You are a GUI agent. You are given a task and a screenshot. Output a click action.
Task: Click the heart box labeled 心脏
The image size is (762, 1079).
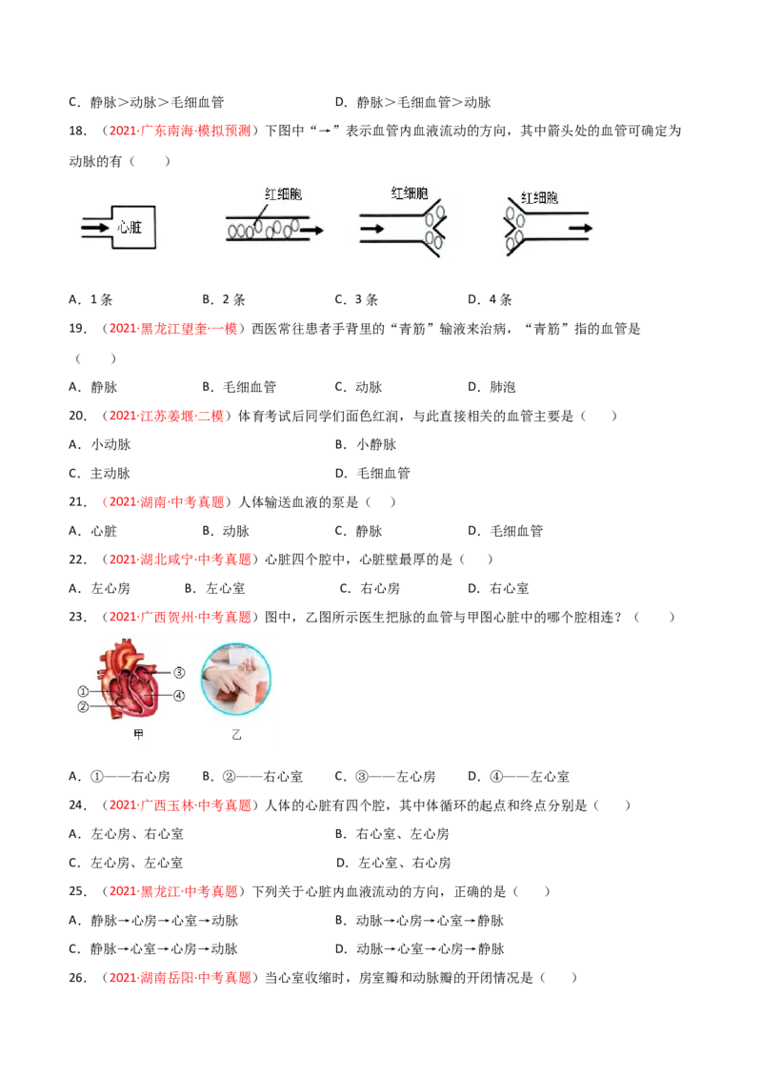pos(133,227)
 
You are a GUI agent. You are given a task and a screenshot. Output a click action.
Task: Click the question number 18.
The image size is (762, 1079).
pos(77,131)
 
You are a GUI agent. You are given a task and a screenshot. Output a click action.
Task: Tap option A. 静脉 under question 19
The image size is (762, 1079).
pos(92,387)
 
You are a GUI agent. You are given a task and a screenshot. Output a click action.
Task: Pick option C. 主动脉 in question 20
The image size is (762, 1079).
pos(100,474)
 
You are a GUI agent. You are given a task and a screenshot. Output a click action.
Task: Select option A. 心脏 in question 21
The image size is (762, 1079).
pos(92,531)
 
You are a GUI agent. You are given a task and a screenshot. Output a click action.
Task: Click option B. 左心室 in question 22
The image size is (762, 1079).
pos(214,588)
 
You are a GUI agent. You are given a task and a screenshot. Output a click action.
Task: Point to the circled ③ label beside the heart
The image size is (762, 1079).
pos(179,672)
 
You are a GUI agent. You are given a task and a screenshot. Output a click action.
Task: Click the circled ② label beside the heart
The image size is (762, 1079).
pos(83,706)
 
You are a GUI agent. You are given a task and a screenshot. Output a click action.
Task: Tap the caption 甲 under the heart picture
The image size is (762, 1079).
pos(138,734)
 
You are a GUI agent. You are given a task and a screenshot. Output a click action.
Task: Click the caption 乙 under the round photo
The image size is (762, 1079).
pos(236,735)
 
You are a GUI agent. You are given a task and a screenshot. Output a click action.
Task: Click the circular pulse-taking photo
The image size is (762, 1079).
pos(236,679)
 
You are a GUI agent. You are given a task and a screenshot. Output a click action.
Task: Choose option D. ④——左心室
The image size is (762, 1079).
pos(518,776)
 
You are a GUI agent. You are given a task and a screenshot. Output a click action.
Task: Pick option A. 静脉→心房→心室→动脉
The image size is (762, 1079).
pos(153,921)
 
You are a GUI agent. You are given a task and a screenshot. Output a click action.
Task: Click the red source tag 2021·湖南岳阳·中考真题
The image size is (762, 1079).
pos(180,978)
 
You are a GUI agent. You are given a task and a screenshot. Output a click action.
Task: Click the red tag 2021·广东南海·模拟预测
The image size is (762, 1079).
pos(180,131)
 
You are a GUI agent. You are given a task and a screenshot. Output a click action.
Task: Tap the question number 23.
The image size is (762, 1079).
pos(77,618)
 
